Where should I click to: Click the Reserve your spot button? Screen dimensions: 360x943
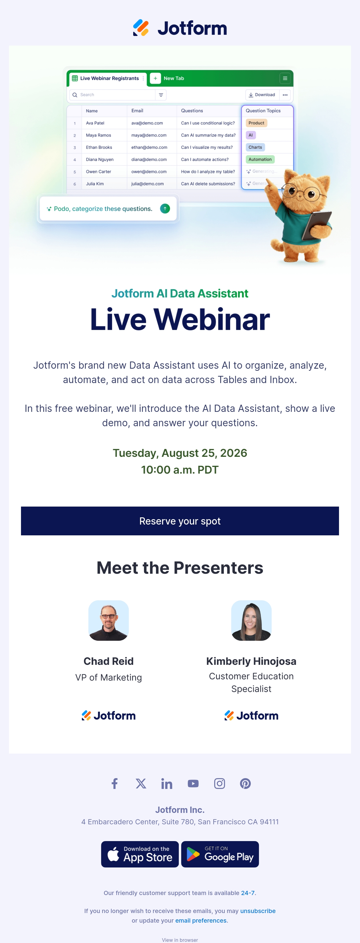click(180, 521)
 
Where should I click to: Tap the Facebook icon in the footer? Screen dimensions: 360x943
click(115, 784)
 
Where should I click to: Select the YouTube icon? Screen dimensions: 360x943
click(193, 784)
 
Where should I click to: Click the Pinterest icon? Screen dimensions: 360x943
click(245, 784)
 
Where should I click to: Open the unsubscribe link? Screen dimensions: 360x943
click(258, 911)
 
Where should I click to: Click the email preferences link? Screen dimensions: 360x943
click(201, 920)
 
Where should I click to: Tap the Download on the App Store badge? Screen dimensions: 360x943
click(140, 854)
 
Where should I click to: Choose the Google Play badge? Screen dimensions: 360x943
click(220, 854)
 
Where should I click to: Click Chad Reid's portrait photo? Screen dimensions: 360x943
click(108, 620)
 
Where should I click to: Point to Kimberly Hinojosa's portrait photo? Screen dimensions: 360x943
click(251, 620)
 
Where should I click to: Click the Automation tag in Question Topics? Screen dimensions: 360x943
click(260, 159)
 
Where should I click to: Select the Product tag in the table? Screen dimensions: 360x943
click(256, 123)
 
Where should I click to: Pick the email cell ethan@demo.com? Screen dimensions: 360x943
click(149, 147)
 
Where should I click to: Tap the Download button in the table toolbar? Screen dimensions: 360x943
click(262, 95)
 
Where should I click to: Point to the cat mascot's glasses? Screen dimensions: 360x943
click(303, 192)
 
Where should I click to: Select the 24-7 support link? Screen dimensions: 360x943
click(247, 893)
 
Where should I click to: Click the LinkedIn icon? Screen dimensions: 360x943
click(166, 784)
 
